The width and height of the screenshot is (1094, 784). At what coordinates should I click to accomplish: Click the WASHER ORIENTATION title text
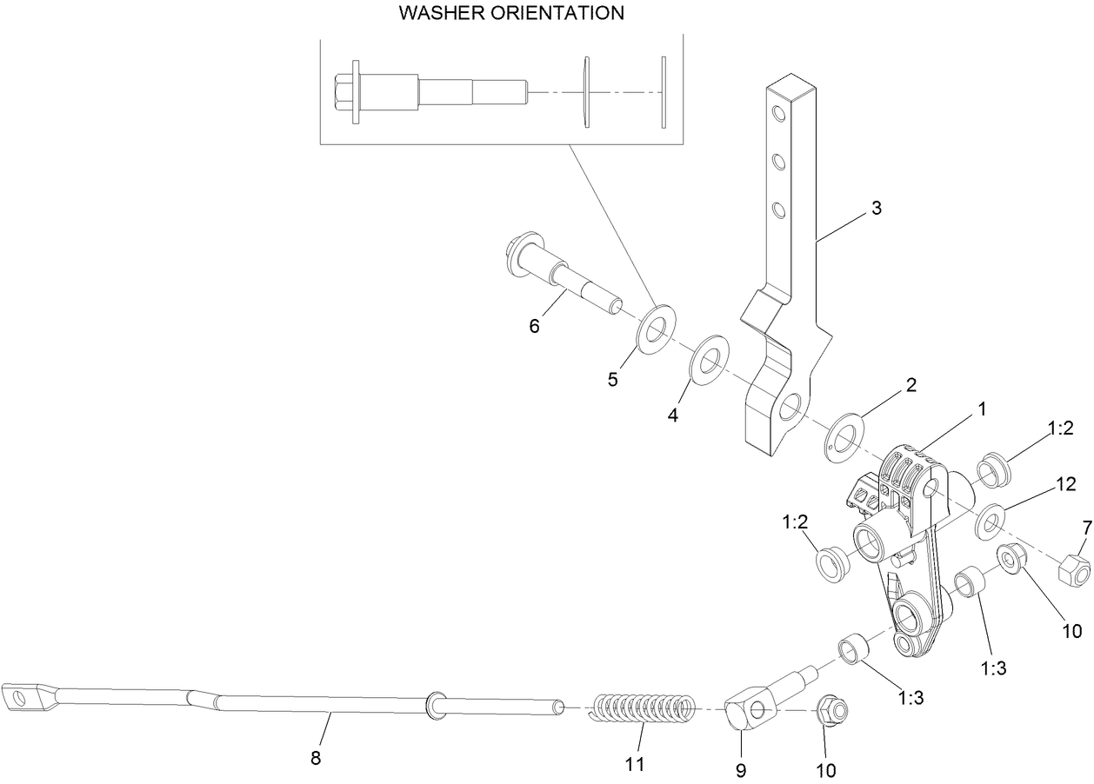pos(511,13)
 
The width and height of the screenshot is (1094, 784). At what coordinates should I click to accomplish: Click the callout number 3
pos(876,209)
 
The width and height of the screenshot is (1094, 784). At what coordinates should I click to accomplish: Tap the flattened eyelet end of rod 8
pos(24,697)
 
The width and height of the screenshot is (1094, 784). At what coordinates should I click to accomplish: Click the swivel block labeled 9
pos(750,711)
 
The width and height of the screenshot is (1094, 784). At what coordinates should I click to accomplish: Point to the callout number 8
pos(316,758)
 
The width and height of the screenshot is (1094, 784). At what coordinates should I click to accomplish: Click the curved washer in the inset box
pos(586,92)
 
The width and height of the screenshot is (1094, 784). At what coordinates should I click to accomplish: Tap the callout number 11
pos(634,764)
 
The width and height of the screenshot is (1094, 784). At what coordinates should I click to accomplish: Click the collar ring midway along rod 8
pos(433,705)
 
